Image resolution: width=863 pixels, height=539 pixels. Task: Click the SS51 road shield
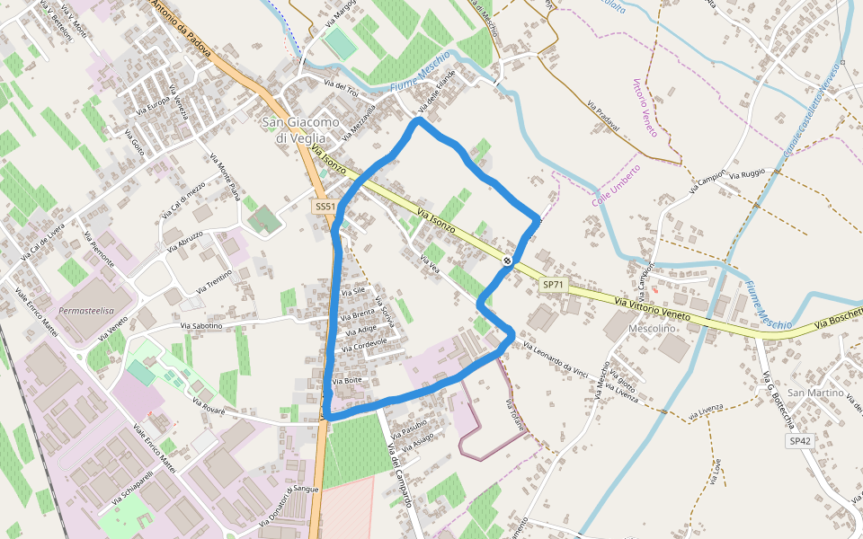point(325,207)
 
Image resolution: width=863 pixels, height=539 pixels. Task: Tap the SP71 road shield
point(554,285)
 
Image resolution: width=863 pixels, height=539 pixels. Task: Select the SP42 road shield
point(799,442)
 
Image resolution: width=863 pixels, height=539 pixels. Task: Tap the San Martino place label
point(815,393)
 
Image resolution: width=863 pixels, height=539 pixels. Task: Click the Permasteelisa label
point(86,310)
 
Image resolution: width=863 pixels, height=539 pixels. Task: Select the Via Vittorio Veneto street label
point(653,309)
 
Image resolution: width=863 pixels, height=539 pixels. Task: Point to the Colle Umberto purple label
point(616,185)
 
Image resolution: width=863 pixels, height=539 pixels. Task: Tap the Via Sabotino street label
point(201,325)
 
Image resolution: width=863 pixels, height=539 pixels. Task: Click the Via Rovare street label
point(209,409)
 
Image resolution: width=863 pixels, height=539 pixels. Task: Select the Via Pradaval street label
point(603,116)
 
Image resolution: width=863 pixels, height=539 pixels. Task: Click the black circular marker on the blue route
point(508,261)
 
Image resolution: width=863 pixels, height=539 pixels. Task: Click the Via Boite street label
point(347,382)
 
